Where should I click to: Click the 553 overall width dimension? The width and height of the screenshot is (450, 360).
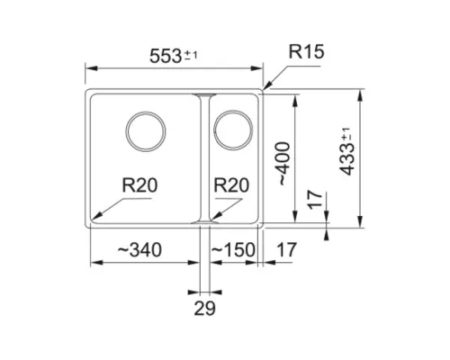[174, 56]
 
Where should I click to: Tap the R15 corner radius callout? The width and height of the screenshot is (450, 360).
[306, 51]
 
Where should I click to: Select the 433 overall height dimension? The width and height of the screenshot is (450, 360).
[347, 151]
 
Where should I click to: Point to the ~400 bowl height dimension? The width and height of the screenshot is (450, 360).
[284, 164]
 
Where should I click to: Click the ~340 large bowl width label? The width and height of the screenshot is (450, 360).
[139, 249]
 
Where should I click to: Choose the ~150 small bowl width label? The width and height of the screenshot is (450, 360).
[233, 249]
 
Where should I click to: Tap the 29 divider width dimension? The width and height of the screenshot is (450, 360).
[204, 308]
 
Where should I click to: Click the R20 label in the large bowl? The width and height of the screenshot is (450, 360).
[139, 184]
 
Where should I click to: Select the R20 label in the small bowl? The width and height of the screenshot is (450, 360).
[231, 184]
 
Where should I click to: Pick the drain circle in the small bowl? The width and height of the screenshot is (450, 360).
[233, 112]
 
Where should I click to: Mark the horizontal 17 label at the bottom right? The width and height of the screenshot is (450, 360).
[286, 249]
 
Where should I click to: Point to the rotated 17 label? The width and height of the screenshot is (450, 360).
[315, 200]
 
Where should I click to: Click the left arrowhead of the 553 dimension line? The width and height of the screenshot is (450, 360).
[91, 68]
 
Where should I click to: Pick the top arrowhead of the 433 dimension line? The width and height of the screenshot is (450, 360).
[361, 94]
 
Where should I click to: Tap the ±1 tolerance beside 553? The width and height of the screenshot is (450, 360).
[191, 55]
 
